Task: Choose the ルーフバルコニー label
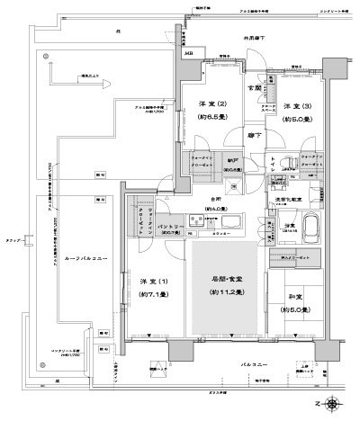[86, 258]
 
